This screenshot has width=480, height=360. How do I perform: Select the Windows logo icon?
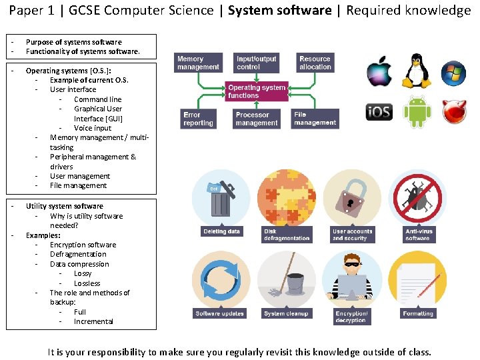click(455, 71)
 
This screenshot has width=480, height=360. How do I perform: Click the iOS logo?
click(378, 111)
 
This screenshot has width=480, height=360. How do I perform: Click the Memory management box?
click(198, 63)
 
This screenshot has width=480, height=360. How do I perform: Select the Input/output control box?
click(256, 63)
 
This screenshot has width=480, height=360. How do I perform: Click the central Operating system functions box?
click(257, 91)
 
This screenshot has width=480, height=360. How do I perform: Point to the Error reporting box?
click(198, 119)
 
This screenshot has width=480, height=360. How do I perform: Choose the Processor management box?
click(256, 119)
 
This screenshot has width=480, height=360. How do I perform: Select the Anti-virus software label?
click(418, 235)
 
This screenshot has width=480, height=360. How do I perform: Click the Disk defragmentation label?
click(287, 235)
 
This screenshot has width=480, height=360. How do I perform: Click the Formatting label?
click(418, 313)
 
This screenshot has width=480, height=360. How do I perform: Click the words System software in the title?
click(279, 10)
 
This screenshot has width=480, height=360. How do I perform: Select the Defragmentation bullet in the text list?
click(78, 254)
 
